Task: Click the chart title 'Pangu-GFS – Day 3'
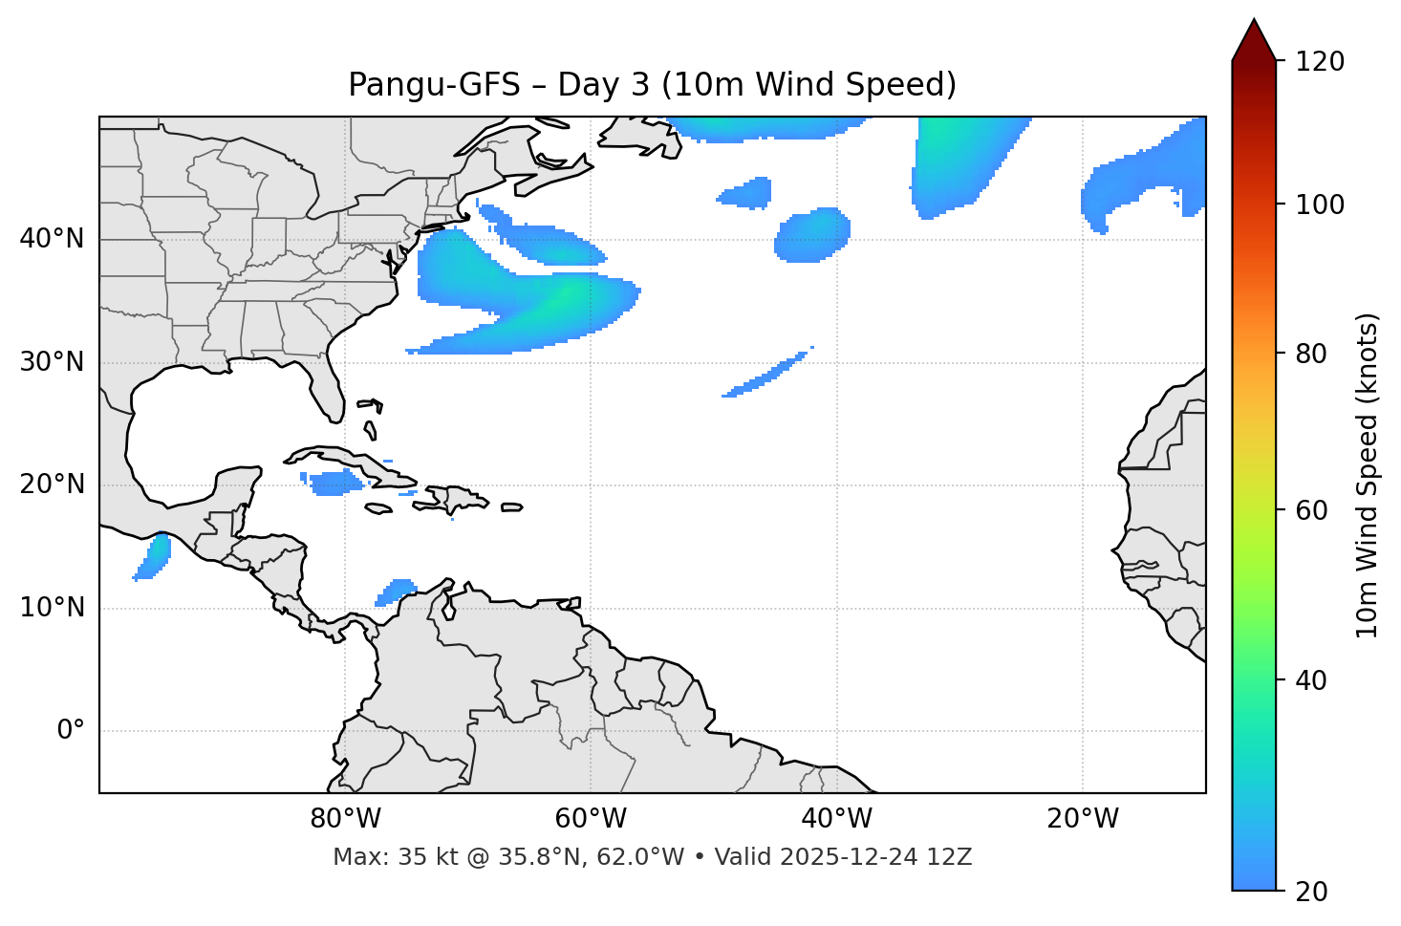coord(652,85)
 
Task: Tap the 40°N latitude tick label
coord(52,239)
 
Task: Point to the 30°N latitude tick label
coord(52,362)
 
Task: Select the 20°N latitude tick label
coord(52,485)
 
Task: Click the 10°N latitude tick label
coord(52,608)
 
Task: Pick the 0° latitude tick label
coord(71,731)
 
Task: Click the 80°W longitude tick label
coord(345,819)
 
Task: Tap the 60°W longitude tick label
coord(591,819)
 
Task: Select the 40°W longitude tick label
coord(836,819)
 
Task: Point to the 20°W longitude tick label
coord(1082,819)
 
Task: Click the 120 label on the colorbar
coord(1320,61)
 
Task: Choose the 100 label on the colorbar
coord(1320,205)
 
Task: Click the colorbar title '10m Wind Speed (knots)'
coord(1368,475)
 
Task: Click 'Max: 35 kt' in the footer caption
coord(377,857)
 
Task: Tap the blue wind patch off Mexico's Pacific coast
coord(154,556)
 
